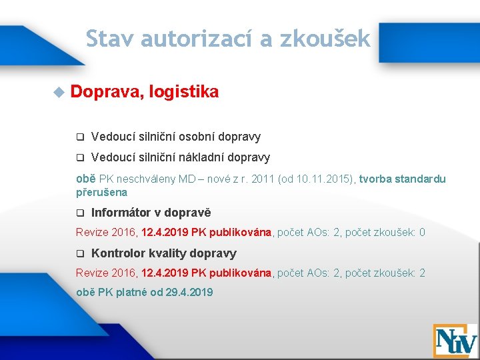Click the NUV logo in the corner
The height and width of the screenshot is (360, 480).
coord(455,341)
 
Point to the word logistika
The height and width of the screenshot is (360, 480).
coord(184,92)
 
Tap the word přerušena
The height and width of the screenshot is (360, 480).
coord(101,192)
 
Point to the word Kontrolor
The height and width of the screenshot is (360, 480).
coord(118,253)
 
